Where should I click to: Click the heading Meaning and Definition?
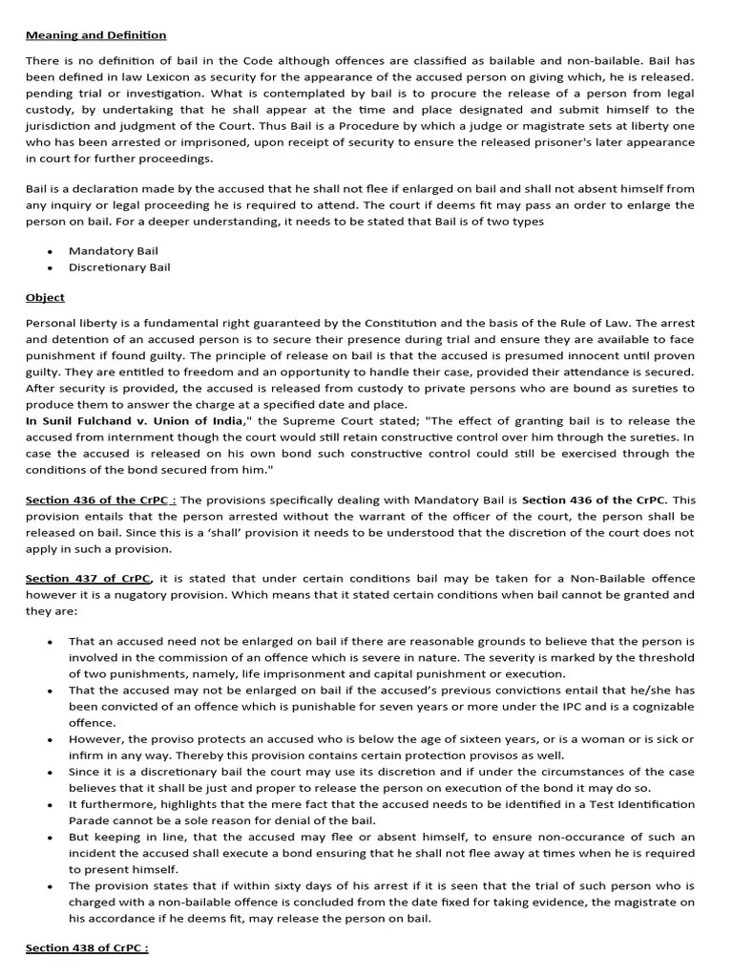coord(95,35)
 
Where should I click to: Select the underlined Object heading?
coord(45,298)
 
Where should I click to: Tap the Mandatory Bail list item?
coord(114,251)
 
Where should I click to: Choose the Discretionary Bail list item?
coord(119,267)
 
